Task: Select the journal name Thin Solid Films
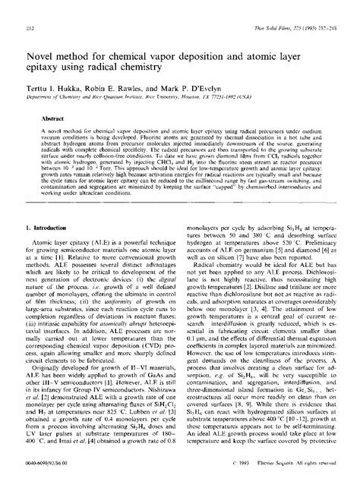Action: point(271,8)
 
